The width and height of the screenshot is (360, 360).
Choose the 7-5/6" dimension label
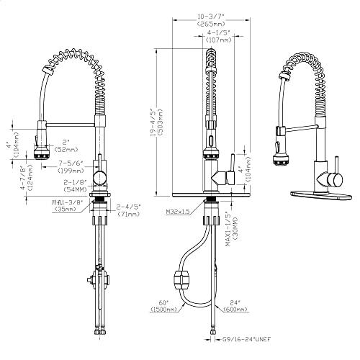[x=72, y=163]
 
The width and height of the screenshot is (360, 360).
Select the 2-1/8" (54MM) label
[x=75, y=184]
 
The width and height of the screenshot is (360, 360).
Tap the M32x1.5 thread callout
[x=178, y=212]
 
